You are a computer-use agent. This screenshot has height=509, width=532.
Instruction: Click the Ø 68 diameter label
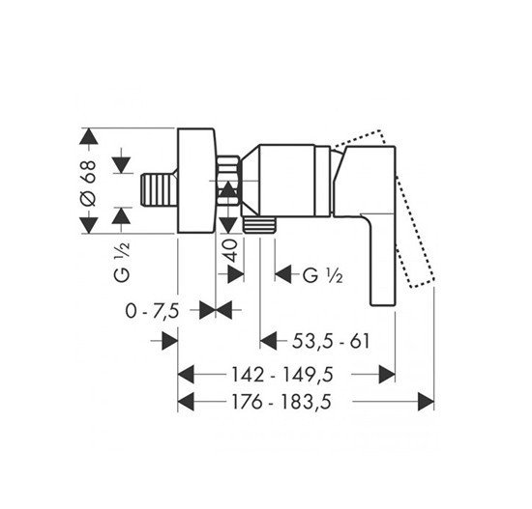pos(89,184)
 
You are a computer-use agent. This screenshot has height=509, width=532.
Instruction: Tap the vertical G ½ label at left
pos(122,262)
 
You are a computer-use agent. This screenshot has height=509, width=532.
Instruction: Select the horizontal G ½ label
pos(323,275)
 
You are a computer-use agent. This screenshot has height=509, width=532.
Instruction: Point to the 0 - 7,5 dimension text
pos(152,311)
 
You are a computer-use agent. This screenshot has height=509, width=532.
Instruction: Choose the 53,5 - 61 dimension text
pos(331,341)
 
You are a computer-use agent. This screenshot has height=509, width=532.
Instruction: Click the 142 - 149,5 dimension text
pos(282,375)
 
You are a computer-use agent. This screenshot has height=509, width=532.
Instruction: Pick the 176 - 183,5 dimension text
pos(281,402)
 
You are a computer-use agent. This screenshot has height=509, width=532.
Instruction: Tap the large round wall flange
pos(196,181)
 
